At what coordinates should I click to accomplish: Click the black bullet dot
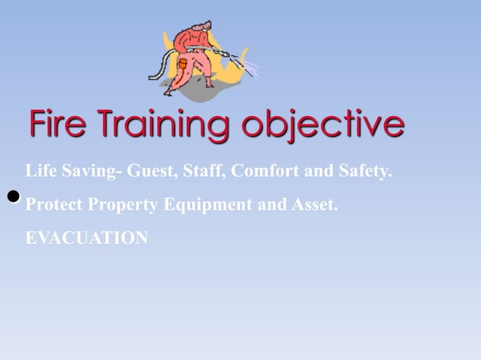pos(13,197)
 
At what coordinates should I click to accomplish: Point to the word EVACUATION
pos(87,238)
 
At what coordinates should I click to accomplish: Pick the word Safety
pos(361,171)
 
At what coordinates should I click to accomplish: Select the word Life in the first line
pos(39,171)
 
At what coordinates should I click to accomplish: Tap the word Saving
pos(87,171)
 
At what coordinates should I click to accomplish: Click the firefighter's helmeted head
pos(198,34)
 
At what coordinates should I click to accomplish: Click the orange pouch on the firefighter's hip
pos(183,66)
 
